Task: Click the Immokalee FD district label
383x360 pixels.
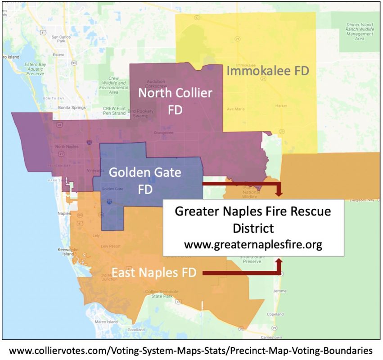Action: (267, 71)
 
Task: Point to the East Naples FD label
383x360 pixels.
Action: (154, 273)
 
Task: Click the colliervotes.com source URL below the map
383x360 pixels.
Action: (191, 350)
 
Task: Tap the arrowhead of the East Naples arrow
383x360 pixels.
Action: (279, 261)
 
